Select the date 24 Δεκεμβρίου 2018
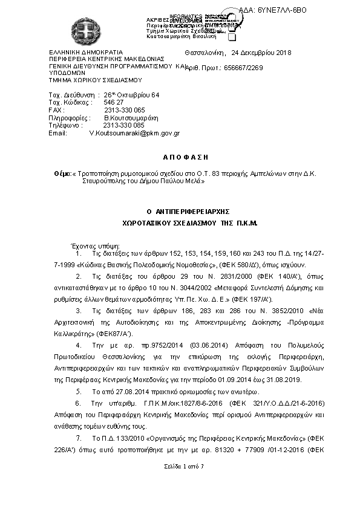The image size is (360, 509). [x=259, y=53]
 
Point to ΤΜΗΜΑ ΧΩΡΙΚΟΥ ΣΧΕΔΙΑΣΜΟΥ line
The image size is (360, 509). [x=95, y=79]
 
